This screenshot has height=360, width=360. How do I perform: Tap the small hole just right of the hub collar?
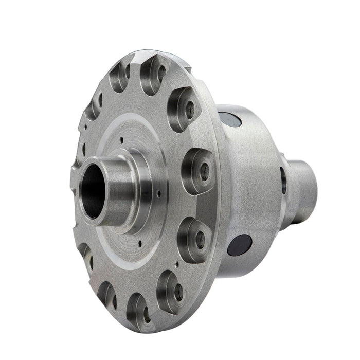click(159, 194)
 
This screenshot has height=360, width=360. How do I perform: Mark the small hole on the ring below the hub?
click(140, 240)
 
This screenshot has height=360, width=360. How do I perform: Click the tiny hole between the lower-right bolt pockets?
click(176, 265)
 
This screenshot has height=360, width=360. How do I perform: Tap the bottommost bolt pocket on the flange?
click(137, 309)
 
